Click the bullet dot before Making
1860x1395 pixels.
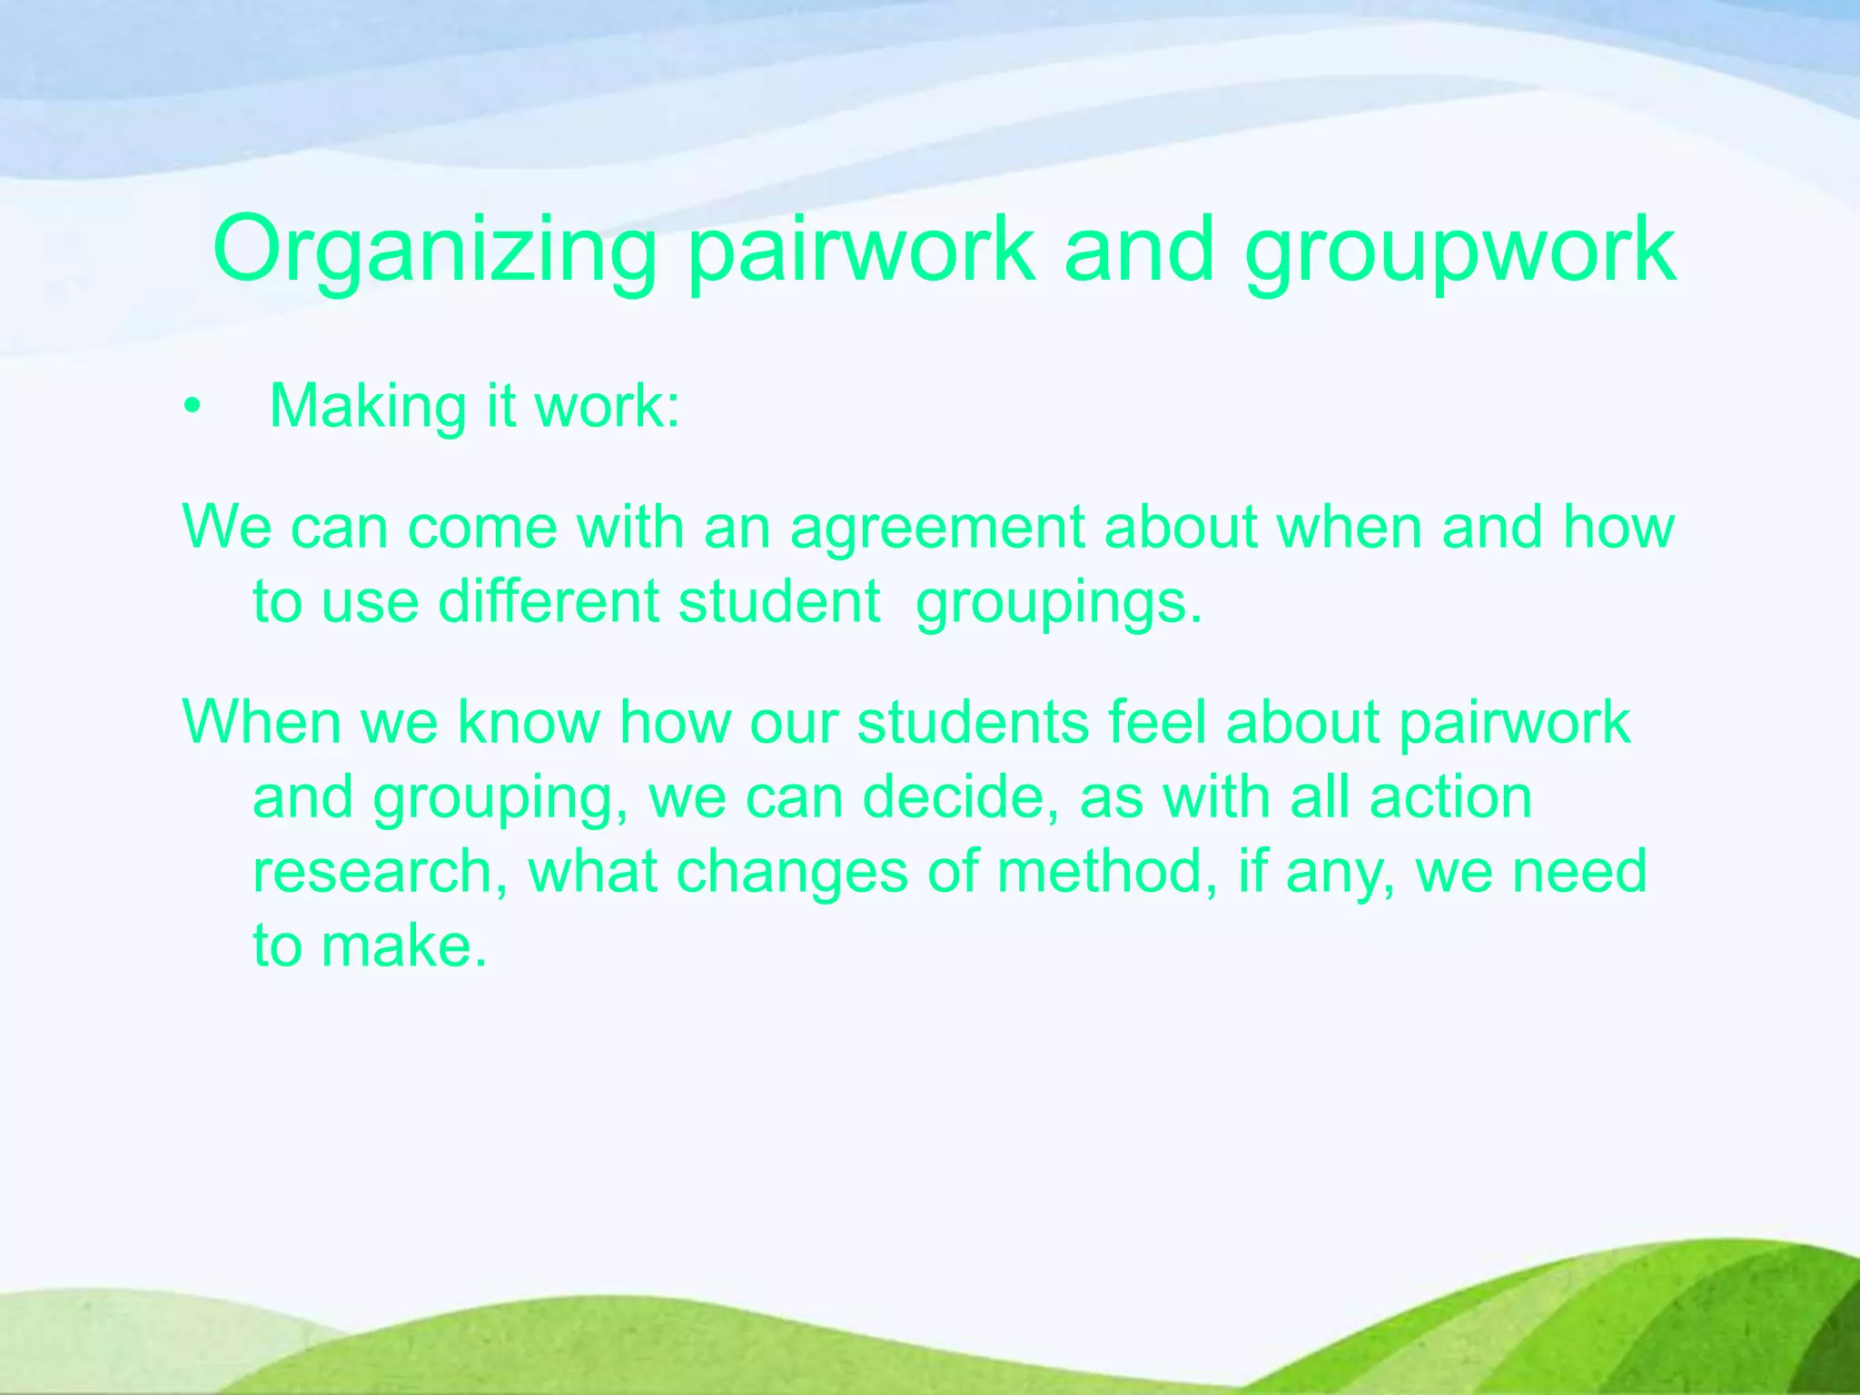(x=190, y=408)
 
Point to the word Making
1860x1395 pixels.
(x=368, y=406)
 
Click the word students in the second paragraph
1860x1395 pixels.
(x=972, y=722)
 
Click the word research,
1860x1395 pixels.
(x=380, y=872)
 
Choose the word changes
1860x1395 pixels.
(x=792, y=872)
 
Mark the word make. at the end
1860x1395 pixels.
(x=404, y=946)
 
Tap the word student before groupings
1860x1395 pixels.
(x=779, y=602)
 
